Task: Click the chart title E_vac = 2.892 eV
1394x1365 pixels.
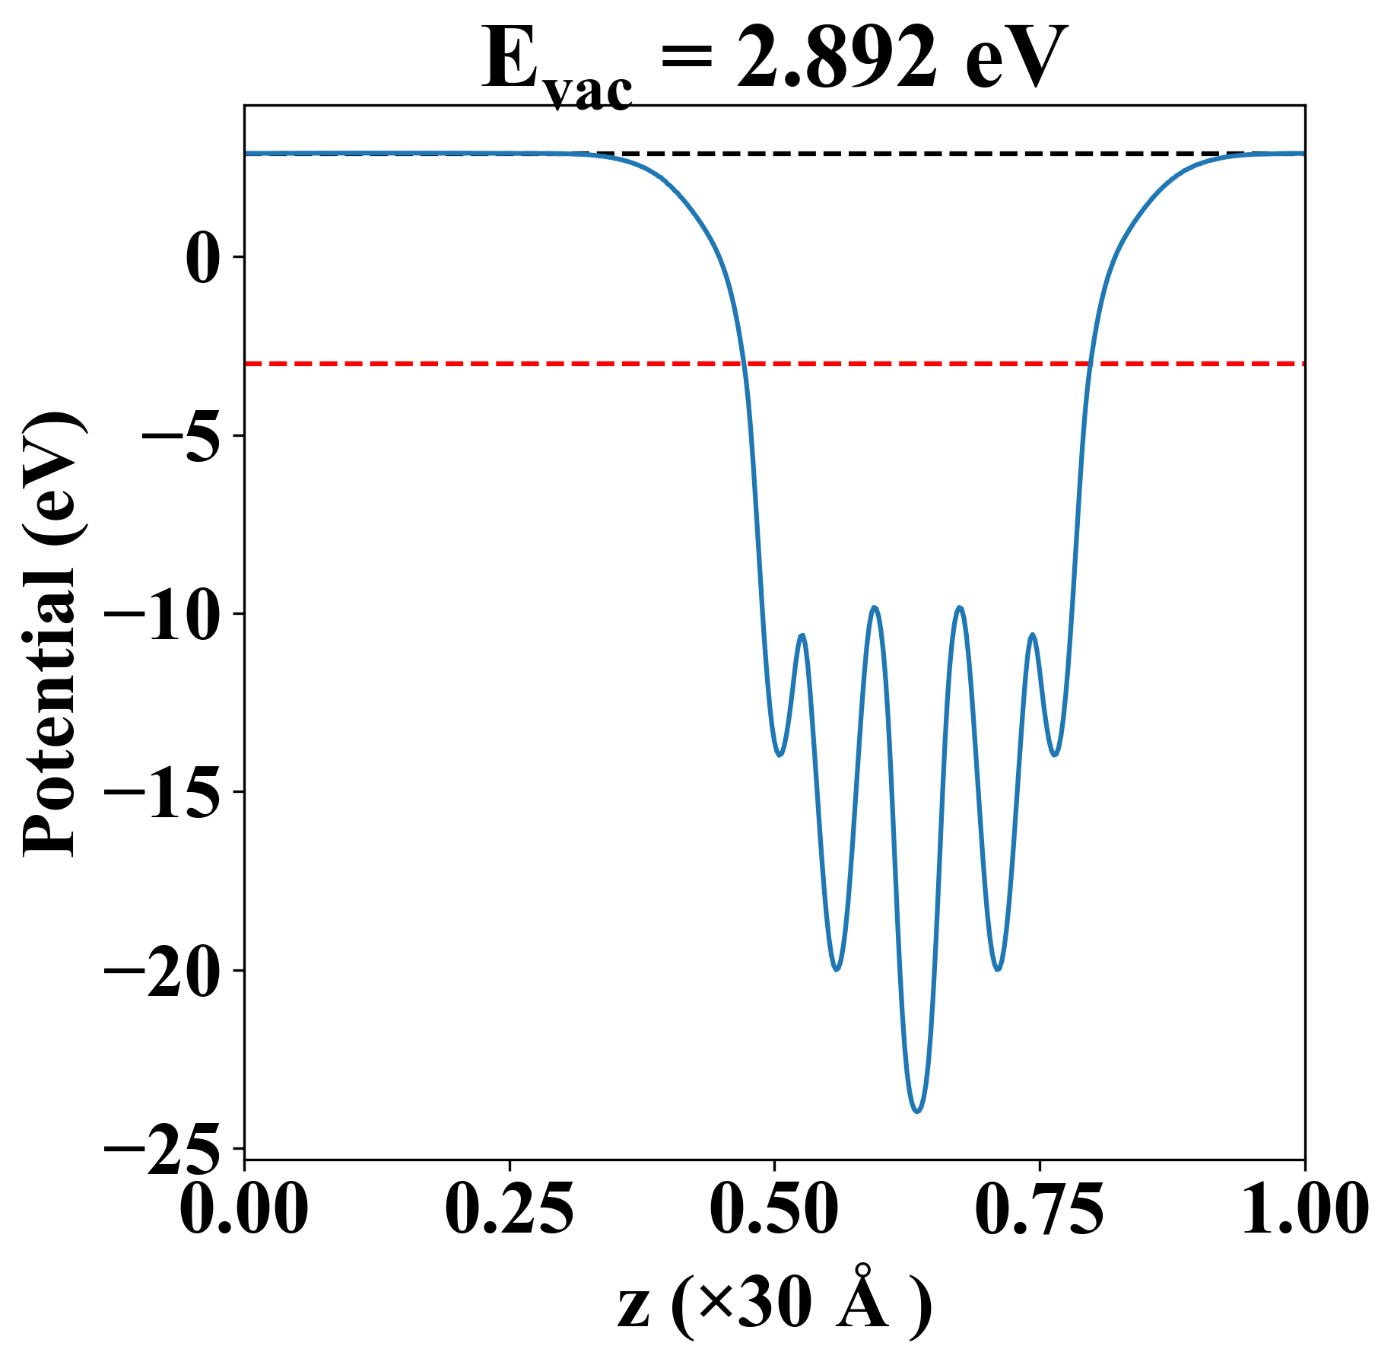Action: [774, 61]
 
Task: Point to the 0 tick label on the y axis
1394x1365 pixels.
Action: [202, 258]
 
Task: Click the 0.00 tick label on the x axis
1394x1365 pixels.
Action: [244, 1210]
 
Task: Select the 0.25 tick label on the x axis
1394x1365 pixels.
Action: [509, 1210]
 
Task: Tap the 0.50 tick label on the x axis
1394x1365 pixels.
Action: [774, 1210]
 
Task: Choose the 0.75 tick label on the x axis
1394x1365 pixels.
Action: [1039, 1210]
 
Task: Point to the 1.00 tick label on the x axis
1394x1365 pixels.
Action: [1304, 1210]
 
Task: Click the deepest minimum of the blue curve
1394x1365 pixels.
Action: [918, 1112]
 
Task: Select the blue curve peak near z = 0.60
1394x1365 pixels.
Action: [876, 607]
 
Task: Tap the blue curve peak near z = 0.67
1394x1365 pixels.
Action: [961, 607]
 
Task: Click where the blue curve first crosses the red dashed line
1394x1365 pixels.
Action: [745, 364]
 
